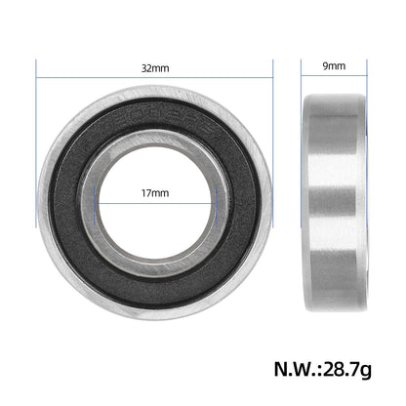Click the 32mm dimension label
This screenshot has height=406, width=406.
coord(155,68)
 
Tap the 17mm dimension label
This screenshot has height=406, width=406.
coord(155,193)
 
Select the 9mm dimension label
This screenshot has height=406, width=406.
coord(334,66)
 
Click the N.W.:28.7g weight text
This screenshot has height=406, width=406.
coord(323,369)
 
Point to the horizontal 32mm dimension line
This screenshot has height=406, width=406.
coord(154,78)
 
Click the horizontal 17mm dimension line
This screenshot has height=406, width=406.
coord(155,204)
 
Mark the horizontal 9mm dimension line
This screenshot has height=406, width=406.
coord(334,76)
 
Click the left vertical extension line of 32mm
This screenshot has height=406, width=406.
coord(36,143)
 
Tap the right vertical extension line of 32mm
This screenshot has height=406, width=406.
coord(272,143)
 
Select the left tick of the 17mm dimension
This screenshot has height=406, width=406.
coord(95,206)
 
